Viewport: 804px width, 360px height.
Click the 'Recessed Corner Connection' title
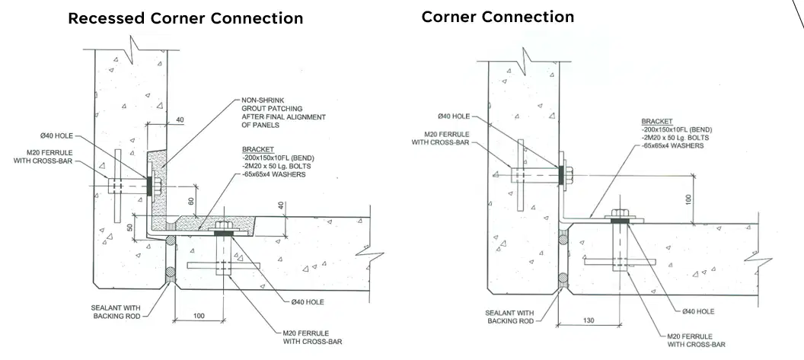[x=185, y=18]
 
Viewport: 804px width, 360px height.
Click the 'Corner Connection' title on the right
[x=497, y=17]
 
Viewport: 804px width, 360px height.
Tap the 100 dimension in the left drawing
[x=199, y=315]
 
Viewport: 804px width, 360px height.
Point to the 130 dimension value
[x=589, y=320]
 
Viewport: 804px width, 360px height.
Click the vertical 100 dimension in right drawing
[x=688, y=199]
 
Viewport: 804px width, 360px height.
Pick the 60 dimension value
[x=191, y=200]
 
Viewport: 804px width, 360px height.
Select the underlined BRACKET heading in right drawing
[x=656, y=122]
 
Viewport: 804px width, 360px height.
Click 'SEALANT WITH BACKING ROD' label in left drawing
[x=116, y=312]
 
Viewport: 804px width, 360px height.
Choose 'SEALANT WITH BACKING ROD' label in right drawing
[x=509, y=317]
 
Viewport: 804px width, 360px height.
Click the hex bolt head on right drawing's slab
[x=618, y=213]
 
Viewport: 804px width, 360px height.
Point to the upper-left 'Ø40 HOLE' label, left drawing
[x=56, y=136]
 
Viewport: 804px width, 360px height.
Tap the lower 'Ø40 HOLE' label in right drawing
[x=698, y=311]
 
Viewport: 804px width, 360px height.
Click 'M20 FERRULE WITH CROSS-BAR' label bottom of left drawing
[x=312, y=337]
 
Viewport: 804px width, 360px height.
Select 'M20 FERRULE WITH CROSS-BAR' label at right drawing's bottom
[x=697, y=340]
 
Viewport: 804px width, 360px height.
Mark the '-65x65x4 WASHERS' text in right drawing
[x=672, y=145]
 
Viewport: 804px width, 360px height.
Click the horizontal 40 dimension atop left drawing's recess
[x=180, y=119]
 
